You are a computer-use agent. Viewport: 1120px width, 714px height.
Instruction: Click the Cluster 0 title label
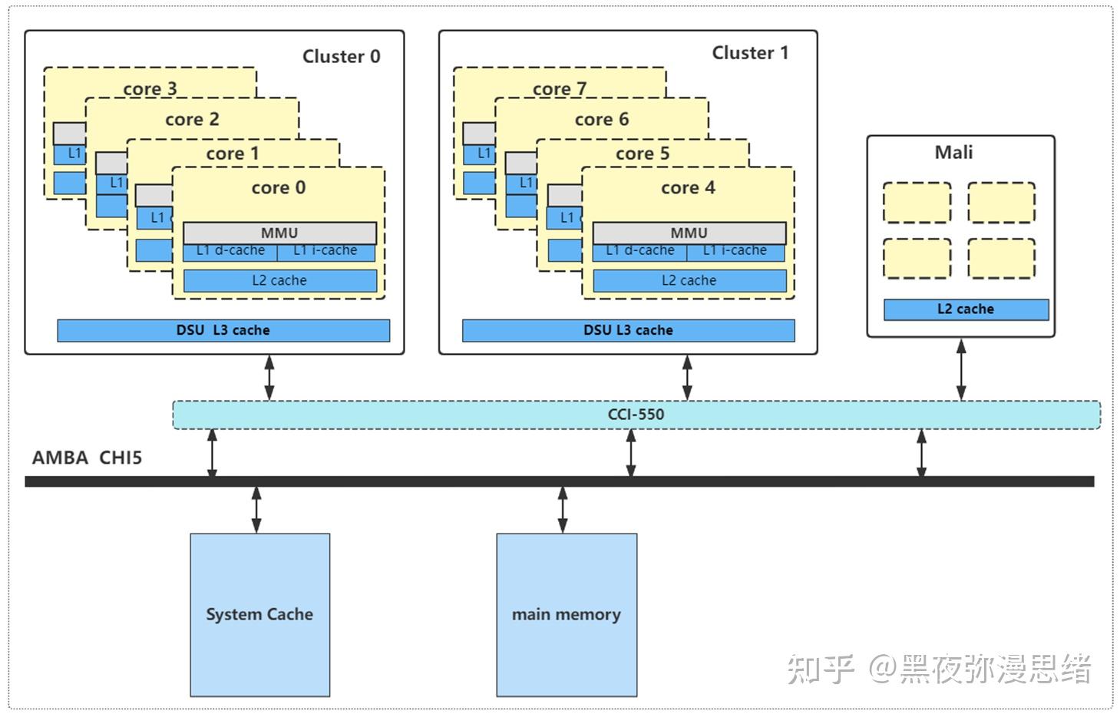pyautogui.click(x=341, y=56)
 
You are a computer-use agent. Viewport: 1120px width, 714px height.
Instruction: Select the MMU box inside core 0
pyautogui.click(x=279, y=233)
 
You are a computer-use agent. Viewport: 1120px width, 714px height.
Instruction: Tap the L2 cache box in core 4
pyautogui.click(x=689, y=280)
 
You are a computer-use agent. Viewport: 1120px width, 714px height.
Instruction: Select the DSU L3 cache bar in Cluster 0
pyautogui.click(x=223, y=330)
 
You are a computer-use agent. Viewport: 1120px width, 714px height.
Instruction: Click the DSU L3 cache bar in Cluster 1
pyautogui.click(x=628, y=330)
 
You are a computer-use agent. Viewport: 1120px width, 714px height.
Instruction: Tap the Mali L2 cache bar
pyautogui.click(x=966, y=309)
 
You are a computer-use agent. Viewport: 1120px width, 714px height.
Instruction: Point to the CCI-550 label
pyautogui.click(x=636, y=415)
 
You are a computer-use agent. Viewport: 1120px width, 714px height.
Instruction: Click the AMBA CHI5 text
pyautogui.click(x=87, y=458)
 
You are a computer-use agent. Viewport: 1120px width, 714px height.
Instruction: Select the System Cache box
pyautogui.click(x=259, y=614)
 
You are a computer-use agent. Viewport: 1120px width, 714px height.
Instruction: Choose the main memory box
pyautogui.click(x=567, y=614)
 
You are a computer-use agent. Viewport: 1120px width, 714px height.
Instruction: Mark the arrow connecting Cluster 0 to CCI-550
pyautogui.click(x=269, y=377)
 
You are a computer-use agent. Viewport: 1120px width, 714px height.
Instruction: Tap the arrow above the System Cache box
pyautogui.click(x=256, y=509)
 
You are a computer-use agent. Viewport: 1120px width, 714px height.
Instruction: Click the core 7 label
pyautogui.click(x=560, y=89)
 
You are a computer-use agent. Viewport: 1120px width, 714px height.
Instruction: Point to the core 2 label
pyautogui.click(x=192, y=119)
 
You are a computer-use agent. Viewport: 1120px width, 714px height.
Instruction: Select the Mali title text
pyautogui.click(x=953, y=152)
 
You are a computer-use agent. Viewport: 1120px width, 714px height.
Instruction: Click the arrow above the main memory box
pyautogui.click(x=563, y=509)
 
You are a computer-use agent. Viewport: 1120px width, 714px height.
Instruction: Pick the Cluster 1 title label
pyautogui.click(x=750, y=53)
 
